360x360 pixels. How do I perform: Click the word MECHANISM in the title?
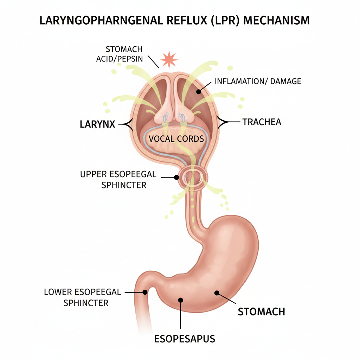276,20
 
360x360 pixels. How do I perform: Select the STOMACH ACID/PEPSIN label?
120,54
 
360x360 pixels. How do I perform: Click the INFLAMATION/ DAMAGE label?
258,81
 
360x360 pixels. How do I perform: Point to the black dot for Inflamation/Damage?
199,92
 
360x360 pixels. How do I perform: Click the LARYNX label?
97,124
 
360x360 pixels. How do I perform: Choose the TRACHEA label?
262,122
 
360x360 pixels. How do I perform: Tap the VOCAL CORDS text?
176,139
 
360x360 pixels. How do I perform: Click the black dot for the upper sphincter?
176,178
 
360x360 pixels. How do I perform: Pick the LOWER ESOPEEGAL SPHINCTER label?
83,297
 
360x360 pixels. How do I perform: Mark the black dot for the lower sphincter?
144,292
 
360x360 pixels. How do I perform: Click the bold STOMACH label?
261,311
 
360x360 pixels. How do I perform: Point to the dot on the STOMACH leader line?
217,292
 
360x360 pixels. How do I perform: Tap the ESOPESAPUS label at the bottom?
185,339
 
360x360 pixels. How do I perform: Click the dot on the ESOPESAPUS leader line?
181,300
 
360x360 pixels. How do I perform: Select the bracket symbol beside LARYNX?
127,124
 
